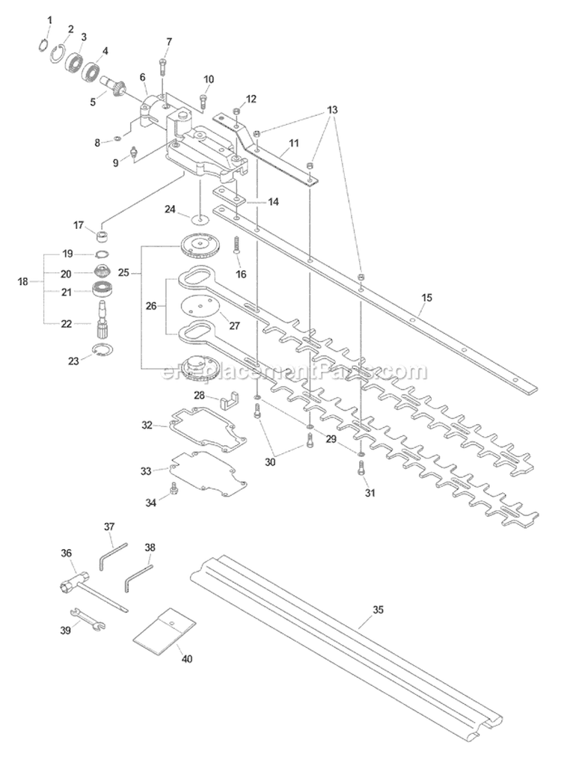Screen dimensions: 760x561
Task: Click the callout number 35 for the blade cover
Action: tap(378, 610)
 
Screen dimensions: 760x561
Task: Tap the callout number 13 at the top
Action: tap(332, 110)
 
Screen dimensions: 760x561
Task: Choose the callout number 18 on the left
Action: tap(22, 281)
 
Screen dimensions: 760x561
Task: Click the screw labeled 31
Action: tap(360, 469)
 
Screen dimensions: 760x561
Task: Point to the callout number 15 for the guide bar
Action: tap(426, 298)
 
